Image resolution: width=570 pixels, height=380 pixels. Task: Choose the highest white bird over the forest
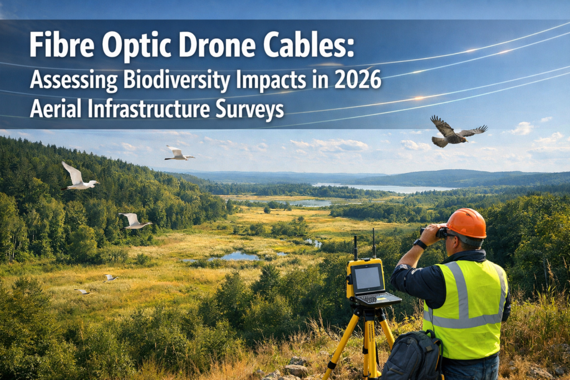[179, 154]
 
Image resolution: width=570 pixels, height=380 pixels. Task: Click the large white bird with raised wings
[78, 177]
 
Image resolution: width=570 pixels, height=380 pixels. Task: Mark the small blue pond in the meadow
[237, 256]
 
